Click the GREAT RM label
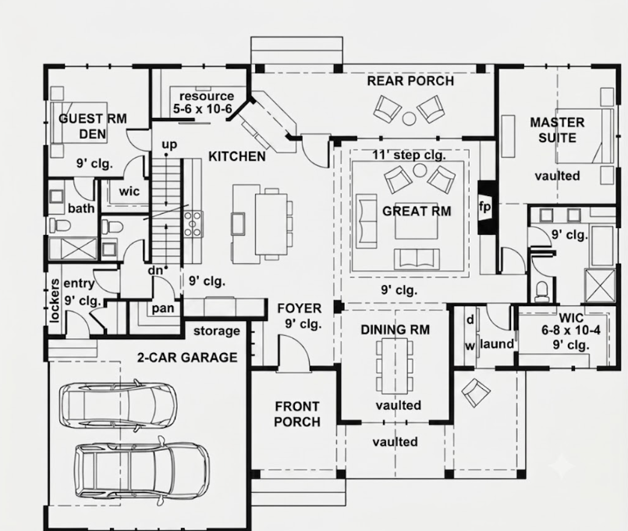pos(417,211)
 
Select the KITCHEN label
pos(237,156)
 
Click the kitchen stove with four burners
pos(192,224)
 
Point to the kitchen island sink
pos(238,223)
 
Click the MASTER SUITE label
pos(557,130)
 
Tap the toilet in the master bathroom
pos(542,291)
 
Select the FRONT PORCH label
pos(297,414)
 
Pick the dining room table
pos(395,366)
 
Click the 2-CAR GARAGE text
pos(187,357)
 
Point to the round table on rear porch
pos(409,118)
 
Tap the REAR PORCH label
pos(410,81)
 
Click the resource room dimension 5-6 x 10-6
pos(203,109)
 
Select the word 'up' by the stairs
pos(169,144)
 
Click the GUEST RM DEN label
pos(93,127)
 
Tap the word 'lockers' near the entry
pos(55,301)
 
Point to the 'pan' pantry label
pos(163,308)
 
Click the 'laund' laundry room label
pos(497,344)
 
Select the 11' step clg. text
pos(409,155)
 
